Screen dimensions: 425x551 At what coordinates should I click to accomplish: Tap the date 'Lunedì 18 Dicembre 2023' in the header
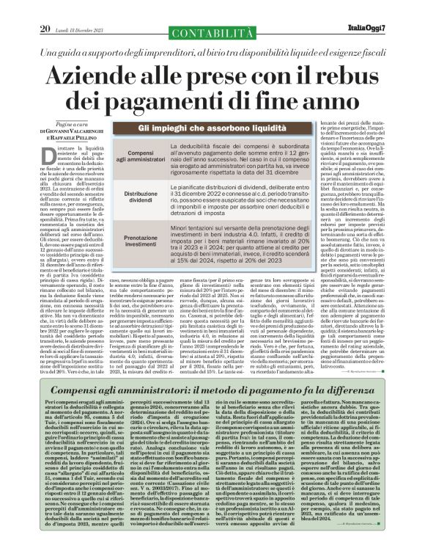point(74,10)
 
